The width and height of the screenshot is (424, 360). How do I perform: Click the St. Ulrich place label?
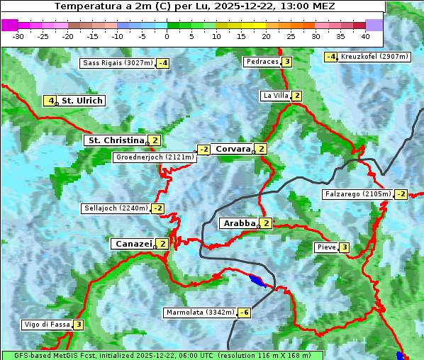[x=82, y=101]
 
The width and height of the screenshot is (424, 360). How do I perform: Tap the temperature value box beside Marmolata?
[x=244, y=313]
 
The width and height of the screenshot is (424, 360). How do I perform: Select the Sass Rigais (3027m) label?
[x=117, y=63]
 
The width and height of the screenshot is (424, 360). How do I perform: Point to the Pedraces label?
[x=262, y=62]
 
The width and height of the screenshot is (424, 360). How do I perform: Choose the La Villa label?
[x=275, y=96]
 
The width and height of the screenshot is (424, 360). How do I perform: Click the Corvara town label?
[x=233, y=149]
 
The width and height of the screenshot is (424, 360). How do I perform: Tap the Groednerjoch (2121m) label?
[x=154, y=157]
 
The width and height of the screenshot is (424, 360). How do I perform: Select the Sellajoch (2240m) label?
[x=116, y=208]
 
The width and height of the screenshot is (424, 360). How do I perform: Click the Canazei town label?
[x=133, y=244]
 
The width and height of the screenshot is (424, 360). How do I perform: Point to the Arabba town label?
[x=238, y=223]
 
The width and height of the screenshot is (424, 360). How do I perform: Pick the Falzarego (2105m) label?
[x=357, y=194]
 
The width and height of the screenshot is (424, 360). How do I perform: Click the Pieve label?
[x=326, y=247]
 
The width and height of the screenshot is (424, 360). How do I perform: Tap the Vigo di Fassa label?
[x=47, y=325]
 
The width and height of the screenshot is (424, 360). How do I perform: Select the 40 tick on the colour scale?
[x=365, y=35]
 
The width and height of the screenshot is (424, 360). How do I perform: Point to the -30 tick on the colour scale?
[x=18, y=35]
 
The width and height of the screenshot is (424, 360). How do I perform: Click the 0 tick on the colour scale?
[x=167, y=35]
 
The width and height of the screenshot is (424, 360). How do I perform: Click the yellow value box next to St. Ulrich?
[x=50, y=101]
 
